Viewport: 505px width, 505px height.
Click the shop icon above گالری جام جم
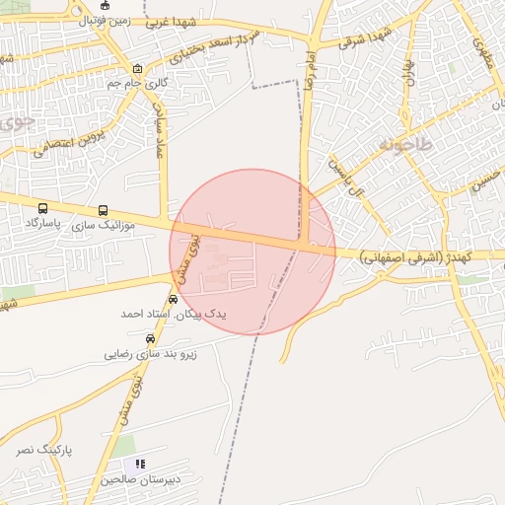click(x=136, y=69)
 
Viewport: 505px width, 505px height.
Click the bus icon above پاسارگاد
click(x=42, y=209)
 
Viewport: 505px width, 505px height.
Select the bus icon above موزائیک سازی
click(x=104, y=211)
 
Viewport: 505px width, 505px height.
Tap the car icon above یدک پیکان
click(x=174, y=299)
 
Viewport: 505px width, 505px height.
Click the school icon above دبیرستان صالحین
click(x=140, y=464)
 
